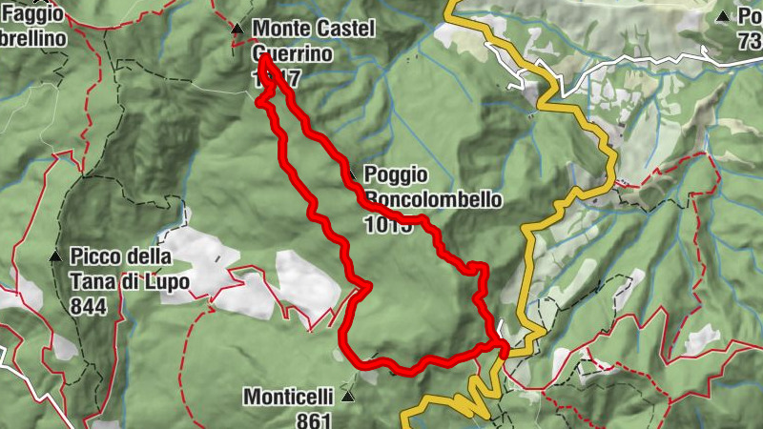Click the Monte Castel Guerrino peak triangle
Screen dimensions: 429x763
coord(237,30)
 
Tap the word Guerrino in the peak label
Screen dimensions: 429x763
coord(292,54)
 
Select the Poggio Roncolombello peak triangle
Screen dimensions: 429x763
coord(352,175)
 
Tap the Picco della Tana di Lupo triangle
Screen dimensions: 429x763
coord(54,256)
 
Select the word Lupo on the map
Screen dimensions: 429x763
coord(162,281)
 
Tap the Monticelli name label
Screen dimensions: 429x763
coord(287,396)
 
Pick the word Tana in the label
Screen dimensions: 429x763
coord(90,281)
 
